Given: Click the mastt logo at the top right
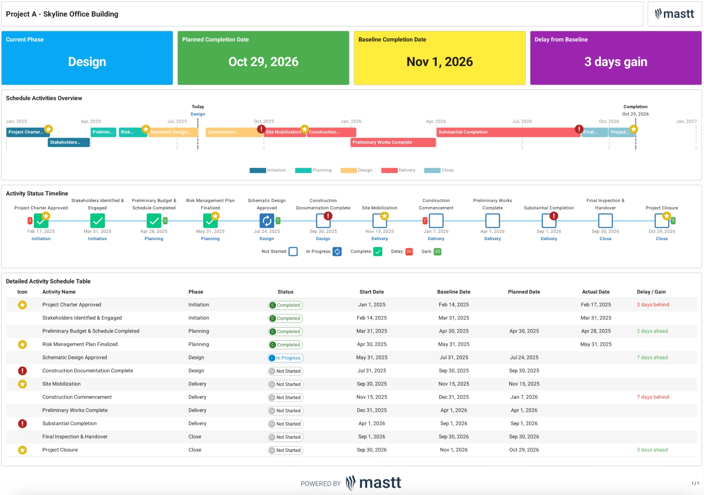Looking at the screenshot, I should point(674,14).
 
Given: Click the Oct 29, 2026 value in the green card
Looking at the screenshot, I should point(263,62).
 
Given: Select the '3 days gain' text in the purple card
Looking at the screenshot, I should point(615,62).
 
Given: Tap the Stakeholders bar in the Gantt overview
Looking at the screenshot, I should point(68,142).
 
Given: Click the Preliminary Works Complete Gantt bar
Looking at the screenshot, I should point(393,142).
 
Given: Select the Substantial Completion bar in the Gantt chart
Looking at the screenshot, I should point(507,132).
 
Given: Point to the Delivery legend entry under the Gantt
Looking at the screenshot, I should point(398,170).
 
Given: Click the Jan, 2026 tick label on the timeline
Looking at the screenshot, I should point(351,121).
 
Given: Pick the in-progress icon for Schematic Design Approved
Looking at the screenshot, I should point(267,221).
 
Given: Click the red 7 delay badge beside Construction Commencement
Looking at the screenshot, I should point(425,221).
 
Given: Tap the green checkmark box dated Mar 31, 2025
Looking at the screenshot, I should point(97,221).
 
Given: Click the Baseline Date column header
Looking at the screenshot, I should point(453,292).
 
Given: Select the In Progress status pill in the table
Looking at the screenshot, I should point(285,358).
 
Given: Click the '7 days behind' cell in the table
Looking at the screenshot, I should point(653,397).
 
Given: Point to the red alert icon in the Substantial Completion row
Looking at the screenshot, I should point(22,423).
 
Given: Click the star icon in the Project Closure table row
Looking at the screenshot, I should point(22,450).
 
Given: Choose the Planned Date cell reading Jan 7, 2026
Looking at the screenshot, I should point(524,397).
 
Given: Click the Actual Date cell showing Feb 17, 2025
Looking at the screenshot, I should point(596,305).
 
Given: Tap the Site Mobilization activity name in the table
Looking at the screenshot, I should point(62,384).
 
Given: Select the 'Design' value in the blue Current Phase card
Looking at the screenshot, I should point(87,62).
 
